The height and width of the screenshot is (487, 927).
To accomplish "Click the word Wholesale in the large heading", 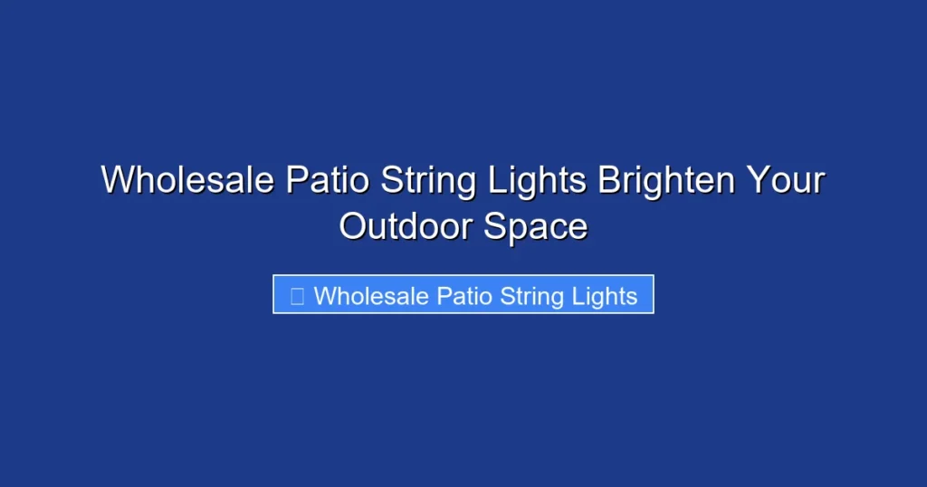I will tap(187, 180).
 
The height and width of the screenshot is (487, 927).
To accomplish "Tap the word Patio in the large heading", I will tap(327, 180).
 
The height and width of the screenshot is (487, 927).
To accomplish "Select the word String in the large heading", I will tap(428, 180).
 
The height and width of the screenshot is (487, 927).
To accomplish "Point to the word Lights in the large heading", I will tap(538, 180).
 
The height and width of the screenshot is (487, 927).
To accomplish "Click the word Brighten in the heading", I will tap(665, 180).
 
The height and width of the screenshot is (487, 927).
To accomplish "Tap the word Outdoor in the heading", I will tap(406, 226).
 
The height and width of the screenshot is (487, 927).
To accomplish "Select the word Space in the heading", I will tap(536, 226).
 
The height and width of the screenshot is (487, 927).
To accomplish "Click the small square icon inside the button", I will tap(296, 295).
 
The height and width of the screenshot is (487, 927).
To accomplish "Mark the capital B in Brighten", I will tap(608, 180).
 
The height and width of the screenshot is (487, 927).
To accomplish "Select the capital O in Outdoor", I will tap(353, 226).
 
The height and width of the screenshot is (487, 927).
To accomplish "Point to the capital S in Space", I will tap(494, 226).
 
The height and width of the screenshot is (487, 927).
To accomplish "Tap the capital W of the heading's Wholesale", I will tap(117, 180).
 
